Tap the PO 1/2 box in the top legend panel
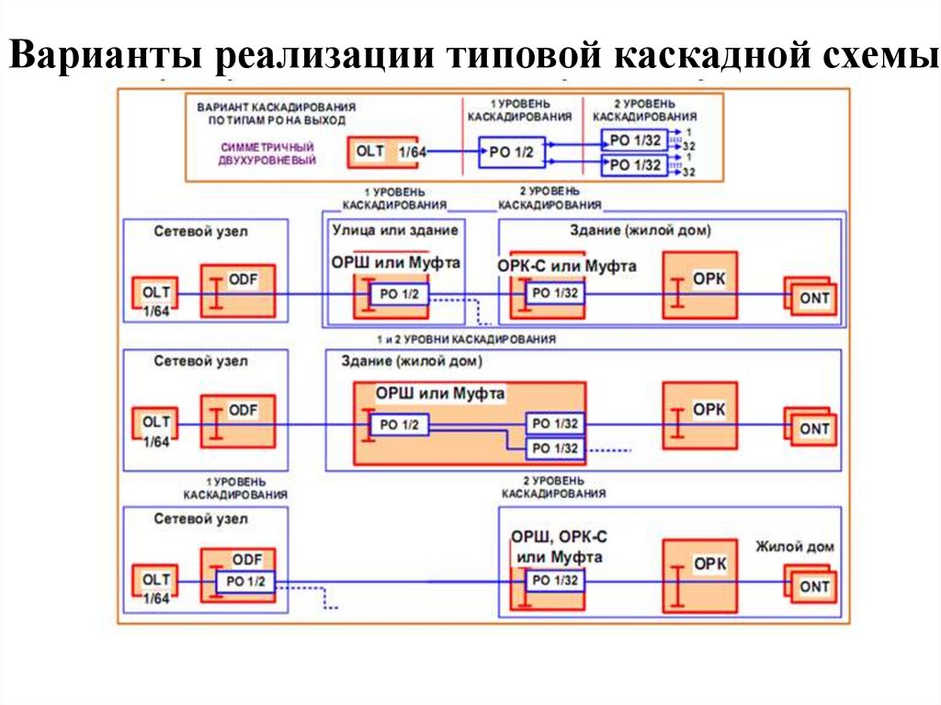click(511, 152)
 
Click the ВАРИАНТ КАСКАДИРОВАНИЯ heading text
click(276, 112)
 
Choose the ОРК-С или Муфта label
click(567, 265)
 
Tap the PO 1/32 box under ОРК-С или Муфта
click(554, 294)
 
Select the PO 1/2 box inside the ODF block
click(245, 582)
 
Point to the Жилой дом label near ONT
click(795, 547)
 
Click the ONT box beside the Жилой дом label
click(813, 586)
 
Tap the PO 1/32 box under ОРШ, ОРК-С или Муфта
click(554, 581)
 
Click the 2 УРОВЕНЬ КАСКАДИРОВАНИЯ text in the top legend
click(644, 111)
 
